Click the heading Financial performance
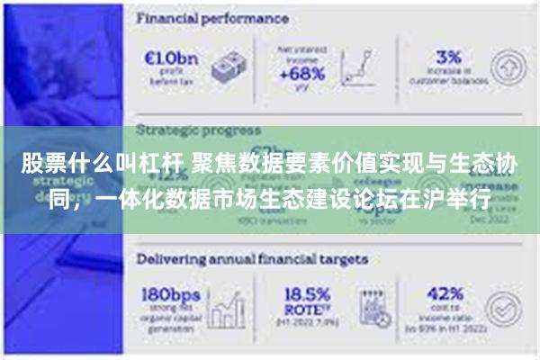coord(212,17)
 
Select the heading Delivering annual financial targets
coord(252,258)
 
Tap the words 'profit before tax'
coord(168,76)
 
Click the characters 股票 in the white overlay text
coord(40,165)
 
